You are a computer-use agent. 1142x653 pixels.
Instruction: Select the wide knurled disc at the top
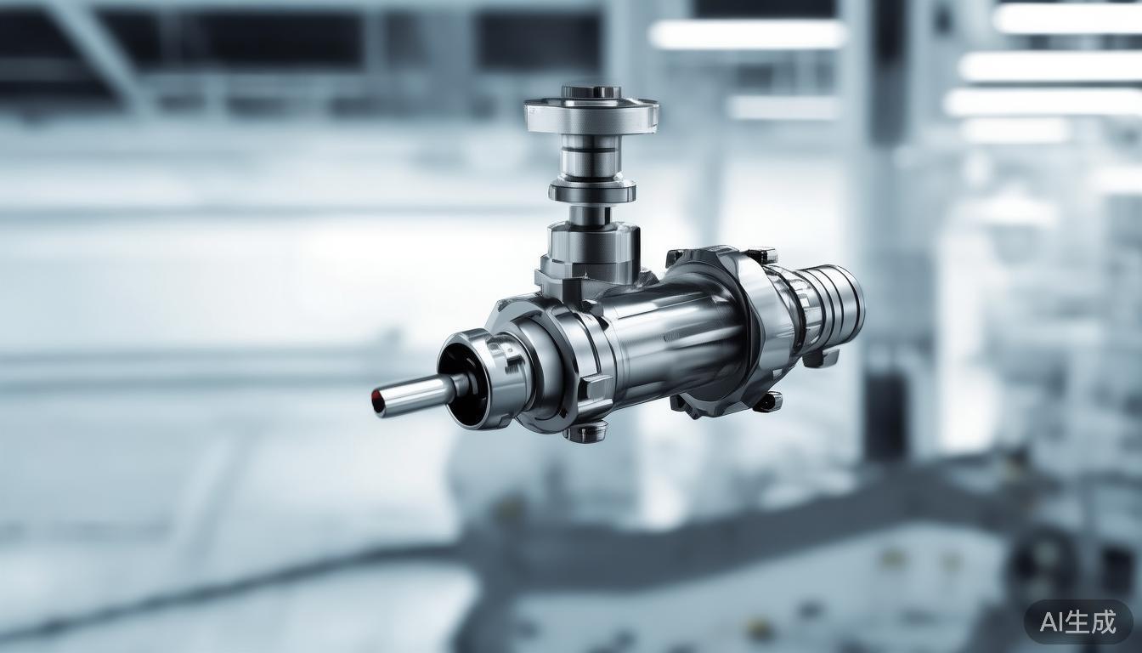[591, 115]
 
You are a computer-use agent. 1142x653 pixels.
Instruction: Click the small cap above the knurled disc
[591, 92]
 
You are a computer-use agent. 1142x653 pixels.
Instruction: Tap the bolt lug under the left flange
[585, 432]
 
